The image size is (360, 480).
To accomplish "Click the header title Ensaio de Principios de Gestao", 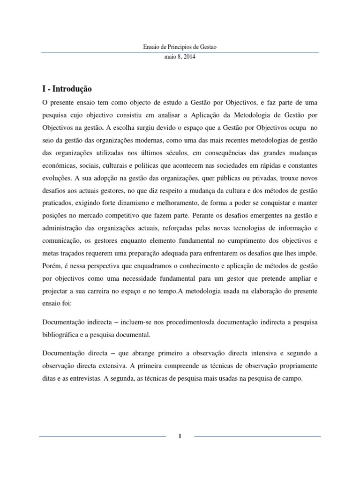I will pyautogui.click(x=180, y=47).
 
